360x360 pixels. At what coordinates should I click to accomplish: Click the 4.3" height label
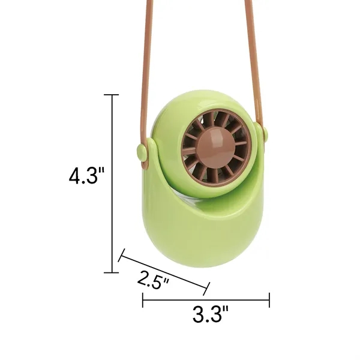tap(86, 177)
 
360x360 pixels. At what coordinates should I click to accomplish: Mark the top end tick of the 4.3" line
tap(112, 95)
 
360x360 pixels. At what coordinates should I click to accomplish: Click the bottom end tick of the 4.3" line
tap(112, 272)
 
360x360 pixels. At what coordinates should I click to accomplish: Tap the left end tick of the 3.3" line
tap(143, 300)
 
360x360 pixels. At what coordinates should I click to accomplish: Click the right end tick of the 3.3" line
tap(269, 300)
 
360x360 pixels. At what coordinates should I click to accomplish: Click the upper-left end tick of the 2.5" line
tap(121, 257)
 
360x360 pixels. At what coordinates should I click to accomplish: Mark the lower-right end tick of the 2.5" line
tap(207, 289)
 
